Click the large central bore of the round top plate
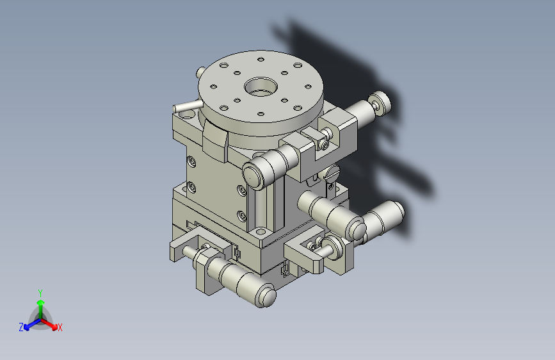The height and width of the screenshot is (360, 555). point(261,87)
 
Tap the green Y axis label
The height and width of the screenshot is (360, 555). point(40,293)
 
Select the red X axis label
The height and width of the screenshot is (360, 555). point(60,328)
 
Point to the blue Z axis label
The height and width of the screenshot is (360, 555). point(21,327)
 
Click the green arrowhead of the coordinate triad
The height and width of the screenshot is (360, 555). point(41,303)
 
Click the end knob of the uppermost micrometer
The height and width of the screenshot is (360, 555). point(380,102)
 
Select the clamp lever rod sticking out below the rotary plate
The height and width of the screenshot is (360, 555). point(186,106)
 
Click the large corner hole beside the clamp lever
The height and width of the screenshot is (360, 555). point(188,115)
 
